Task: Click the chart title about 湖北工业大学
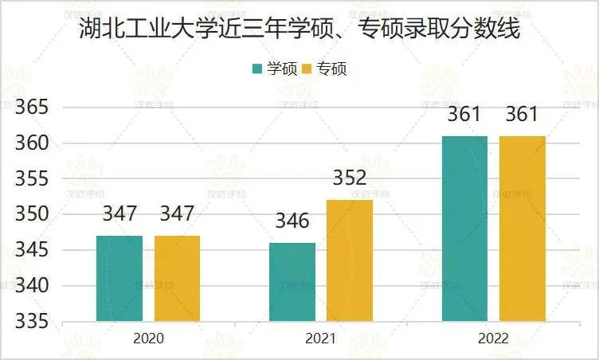coord(299,30)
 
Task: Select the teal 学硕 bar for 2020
coord(119,279)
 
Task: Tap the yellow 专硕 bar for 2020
coord(177,279)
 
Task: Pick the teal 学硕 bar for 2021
coord(292,283)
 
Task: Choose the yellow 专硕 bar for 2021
coord(350,261)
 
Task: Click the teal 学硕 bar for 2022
coord(464,229)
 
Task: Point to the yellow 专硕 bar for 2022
coord(523,229)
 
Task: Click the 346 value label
coord(292,221)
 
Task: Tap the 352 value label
coord(350,178)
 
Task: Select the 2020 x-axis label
coord(148,338)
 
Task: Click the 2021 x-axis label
coord(321,338)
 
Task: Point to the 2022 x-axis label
coord(494,338)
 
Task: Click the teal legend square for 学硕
coord(257,68)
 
